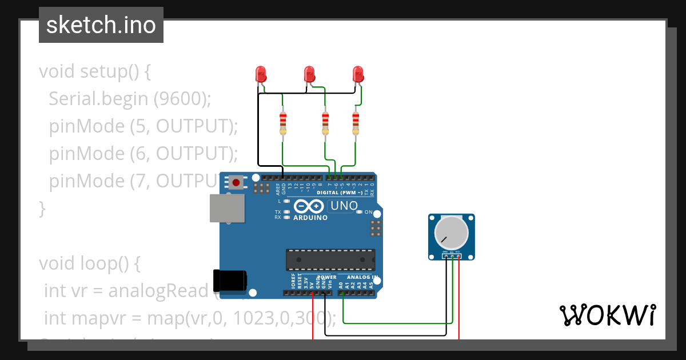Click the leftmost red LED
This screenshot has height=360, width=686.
(x=261, y=74)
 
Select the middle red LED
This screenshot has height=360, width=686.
(x=309, y=74)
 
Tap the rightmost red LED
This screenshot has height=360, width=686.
(x=358, y=74)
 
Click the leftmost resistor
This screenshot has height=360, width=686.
(x=283, y=122)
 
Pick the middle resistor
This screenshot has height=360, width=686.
(x=325, y=122)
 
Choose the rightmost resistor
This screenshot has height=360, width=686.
(x=356, y=122)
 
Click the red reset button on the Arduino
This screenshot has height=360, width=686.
(x=236, y=183)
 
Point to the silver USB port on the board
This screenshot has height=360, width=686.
(x=227, y=207)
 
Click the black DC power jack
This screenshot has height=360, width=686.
(x=230, y=279)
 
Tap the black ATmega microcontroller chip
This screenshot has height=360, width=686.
(x=331, y=259)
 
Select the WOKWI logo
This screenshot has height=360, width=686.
(x=607, y=315)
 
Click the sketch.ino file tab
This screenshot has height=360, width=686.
(x=101, y=25)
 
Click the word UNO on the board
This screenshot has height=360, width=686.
(x=345, y=206)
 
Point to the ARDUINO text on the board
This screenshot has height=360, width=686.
(x=310, y=218)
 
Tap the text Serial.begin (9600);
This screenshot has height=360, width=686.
(x=130, y=99)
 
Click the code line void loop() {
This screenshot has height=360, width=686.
(x=90, y=263)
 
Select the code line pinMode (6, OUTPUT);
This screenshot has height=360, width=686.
(x=143, y=154)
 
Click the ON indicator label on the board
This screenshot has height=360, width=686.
(x=368, y=212)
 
